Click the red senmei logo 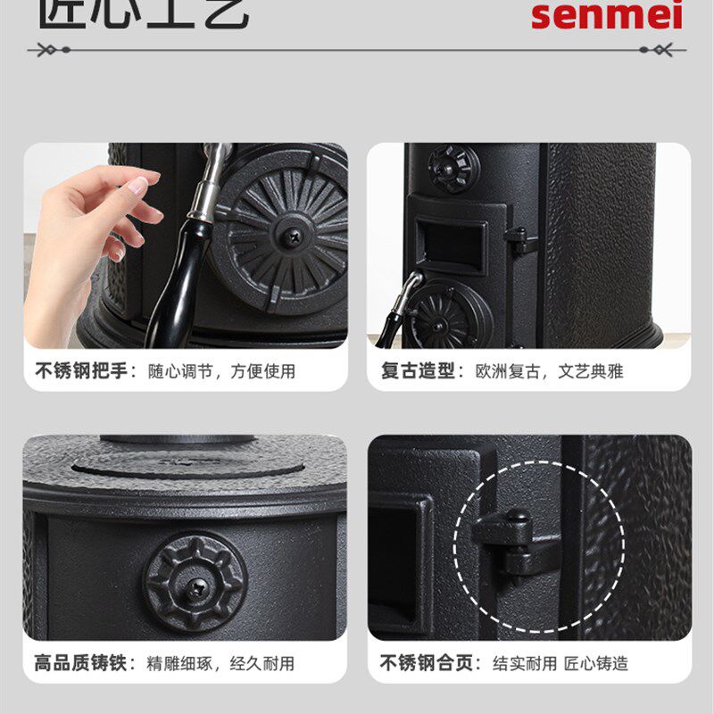(x=606, y=15)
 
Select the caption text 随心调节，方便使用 (x=221, y=370)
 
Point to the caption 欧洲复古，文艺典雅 (x=550, y=370)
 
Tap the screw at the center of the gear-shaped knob (x=195, y=585)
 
